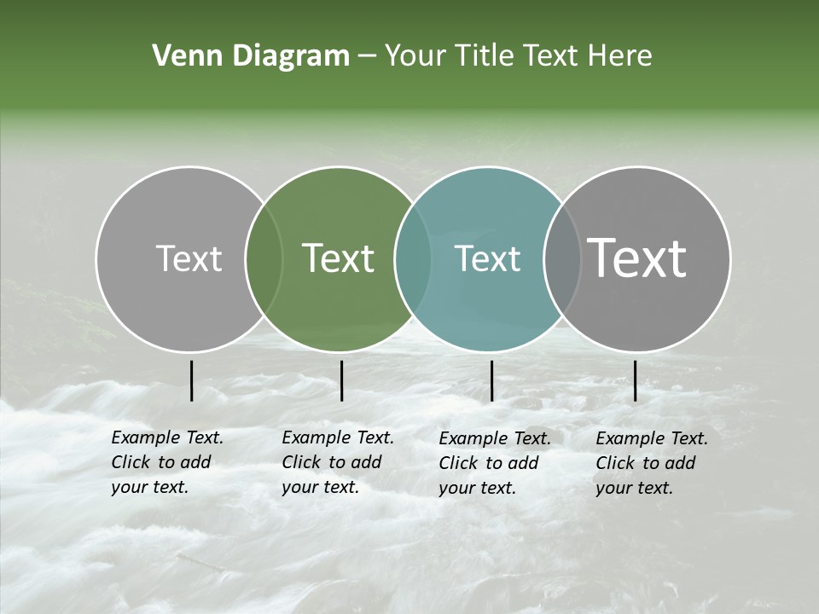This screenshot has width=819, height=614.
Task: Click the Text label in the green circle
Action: (339, 258)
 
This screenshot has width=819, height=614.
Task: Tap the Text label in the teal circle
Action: (487, 259)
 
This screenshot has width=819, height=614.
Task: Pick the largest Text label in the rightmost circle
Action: (637, 258)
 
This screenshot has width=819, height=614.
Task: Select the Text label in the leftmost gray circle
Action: (189, 258)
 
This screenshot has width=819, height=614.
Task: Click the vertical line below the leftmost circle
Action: (191, 380)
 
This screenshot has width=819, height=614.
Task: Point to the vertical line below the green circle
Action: (341, 380)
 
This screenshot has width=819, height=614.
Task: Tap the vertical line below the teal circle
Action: (491, 380)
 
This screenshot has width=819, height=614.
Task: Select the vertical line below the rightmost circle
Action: (635, 380)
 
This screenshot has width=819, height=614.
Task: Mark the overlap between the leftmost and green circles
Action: (264, 259)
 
